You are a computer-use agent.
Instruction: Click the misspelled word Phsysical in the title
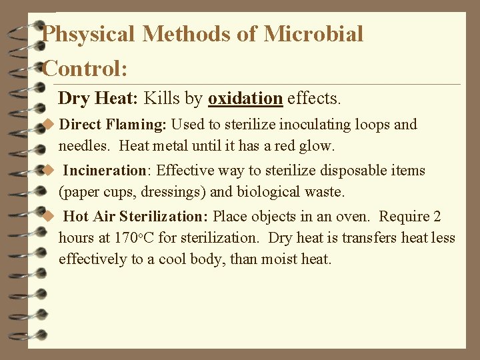[89, 34]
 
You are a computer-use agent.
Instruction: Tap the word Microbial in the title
[313, 34]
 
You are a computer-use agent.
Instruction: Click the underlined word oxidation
[245, 99]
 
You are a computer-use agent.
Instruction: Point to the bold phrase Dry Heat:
[98, 99]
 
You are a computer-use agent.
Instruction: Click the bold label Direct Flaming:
[114, 125]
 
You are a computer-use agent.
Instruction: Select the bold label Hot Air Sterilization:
[136, 217]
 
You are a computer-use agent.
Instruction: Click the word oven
[357, 217]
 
